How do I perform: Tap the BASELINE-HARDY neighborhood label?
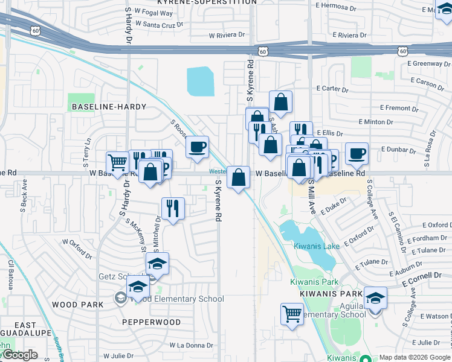coord(109,107)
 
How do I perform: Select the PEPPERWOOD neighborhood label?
coord(152,322)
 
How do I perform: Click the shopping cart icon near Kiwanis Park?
coord(292,314)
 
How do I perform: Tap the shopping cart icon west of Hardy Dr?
coord(117,162)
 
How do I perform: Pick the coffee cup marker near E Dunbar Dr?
coord(357,153)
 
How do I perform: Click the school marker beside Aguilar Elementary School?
coord(375,298)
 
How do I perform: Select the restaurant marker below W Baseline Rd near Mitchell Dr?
coord(173,208)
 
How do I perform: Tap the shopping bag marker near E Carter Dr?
coord(281,102)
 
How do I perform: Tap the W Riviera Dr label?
coord(227,35)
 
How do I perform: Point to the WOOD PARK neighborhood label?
coord(77,305)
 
